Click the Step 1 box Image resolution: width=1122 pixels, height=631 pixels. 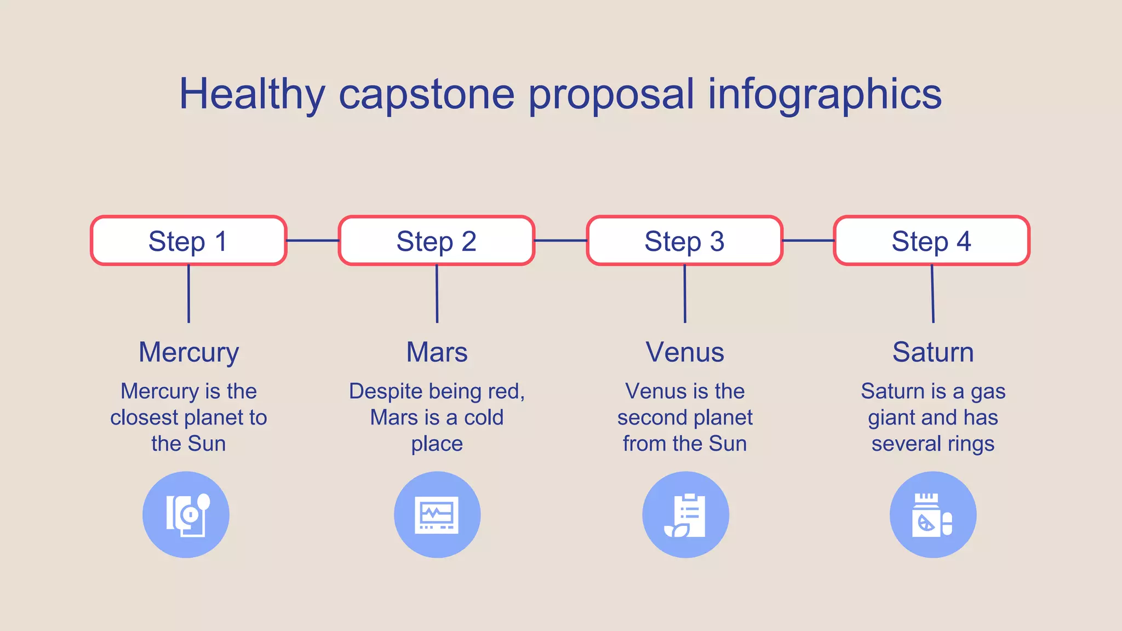click(x=188, y=241)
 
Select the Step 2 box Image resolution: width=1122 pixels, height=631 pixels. click(x=436, y=241)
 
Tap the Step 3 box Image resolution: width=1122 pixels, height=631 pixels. click(x=684, y=241)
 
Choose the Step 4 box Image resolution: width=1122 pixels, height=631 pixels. click(x=931, y=241)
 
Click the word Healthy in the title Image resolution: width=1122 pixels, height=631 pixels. click(x=252, y=94)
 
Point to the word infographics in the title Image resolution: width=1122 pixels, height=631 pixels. click(x=825, y=94)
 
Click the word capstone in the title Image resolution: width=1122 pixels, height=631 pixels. click(x=426, y=94)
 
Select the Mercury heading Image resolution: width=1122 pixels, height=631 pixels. click(x=188, y=352)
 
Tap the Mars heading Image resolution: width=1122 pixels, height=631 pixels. click(x=437, y=352)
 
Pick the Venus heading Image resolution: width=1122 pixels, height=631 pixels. click(x=685, y=352)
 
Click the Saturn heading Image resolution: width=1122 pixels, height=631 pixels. click(x=933, y=352)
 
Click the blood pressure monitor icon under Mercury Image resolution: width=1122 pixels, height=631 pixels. click(x=186, y=515)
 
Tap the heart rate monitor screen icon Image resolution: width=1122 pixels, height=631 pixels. click(x=437, y=515)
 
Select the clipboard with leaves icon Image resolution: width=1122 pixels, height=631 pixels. click(x=685, y=515)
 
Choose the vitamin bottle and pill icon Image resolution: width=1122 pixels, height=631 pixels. click(x=932, y=515)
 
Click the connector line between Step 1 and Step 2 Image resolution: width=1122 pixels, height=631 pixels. click(x=312, y=240)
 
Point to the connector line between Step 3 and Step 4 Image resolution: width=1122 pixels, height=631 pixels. click(x=808, y=240)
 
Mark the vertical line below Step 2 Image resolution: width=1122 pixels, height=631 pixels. click(x=437, y=294)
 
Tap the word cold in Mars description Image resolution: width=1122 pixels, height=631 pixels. click(x=483, y=418)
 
